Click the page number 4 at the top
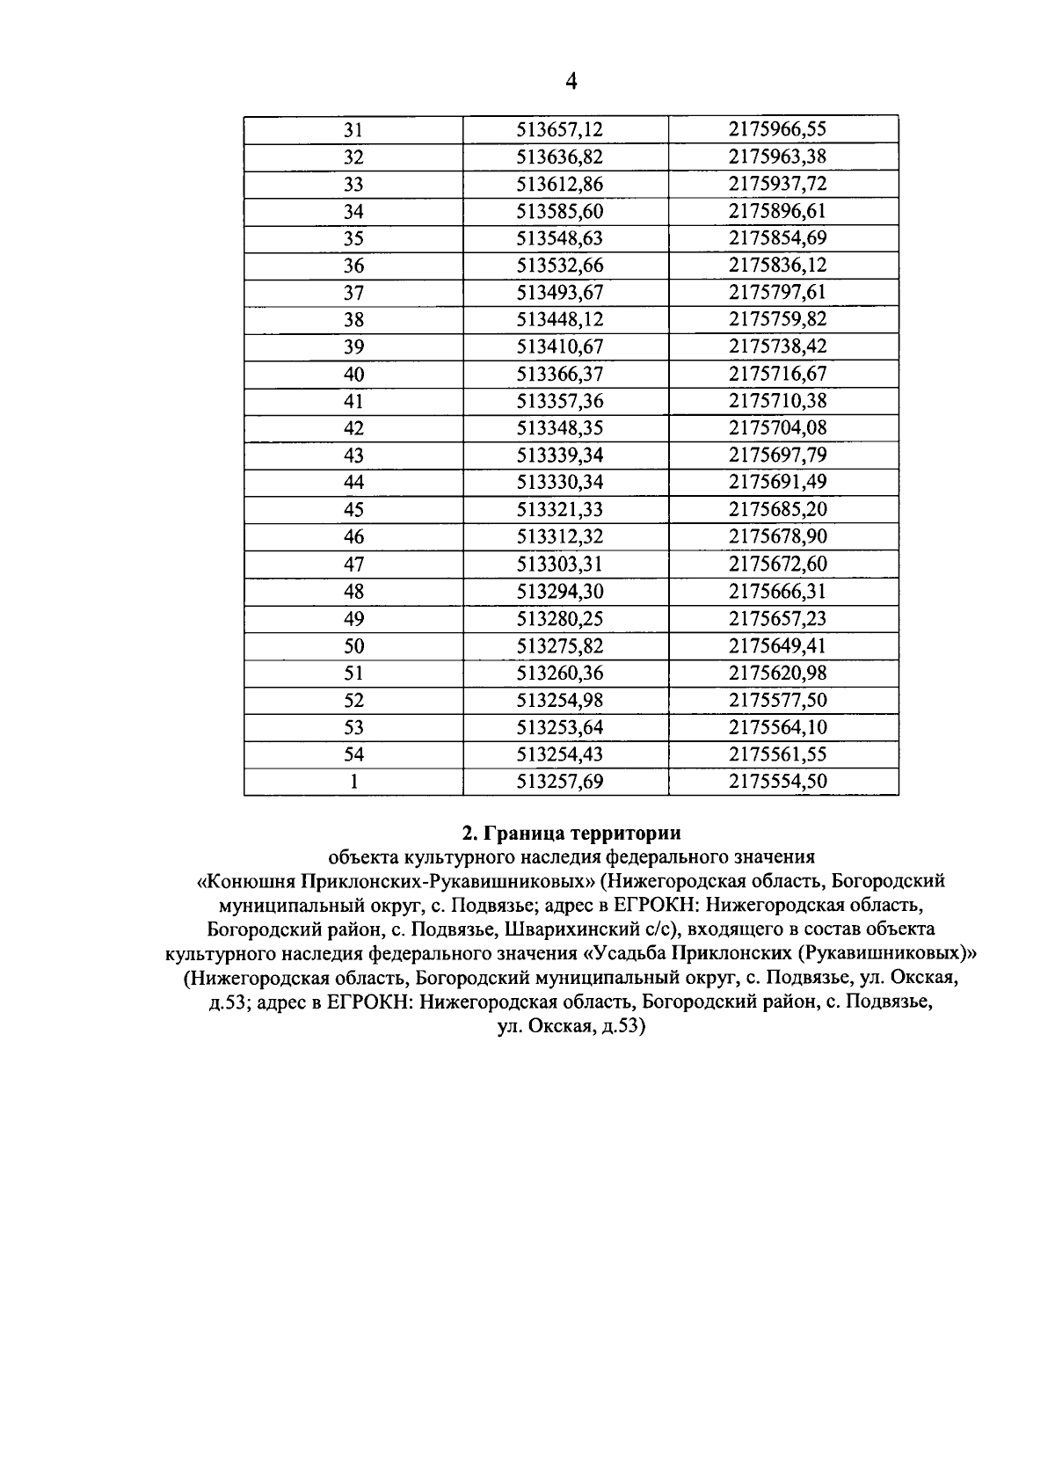[x=571, y=83]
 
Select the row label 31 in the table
[x=353, y=130]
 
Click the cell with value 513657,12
[x=559, y=130]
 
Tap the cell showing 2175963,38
[x=777, y=157]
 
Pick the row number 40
[x=353, y=375]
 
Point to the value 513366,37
[x=559, y=375]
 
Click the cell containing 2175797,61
[x=777, y=293]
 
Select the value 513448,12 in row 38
[x=559, y=320]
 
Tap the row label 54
[x=353, y=754]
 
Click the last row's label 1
[x=353, y=782]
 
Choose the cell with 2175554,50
[x=777, y=782]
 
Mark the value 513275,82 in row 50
[x=559, y=646]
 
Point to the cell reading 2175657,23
[x=777, y=619]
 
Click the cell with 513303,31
[x=559, y=565]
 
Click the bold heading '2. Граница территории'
[x=571, y=832]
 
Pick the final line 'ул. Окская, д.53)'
[x=571, y=1025]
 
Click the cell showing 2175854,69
[x=777, y=238]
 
